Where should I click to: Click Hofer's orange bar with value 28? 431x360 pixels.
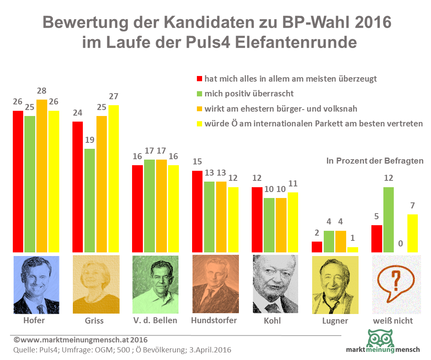[x=42, y=176]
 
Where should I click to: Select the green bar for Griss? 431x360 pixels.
[x=89, y=200]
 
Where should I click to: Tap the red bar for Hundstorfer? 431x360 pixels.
[x=198, y=212]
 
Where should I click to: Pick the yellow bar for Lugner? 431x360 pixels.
[x=353, y=250]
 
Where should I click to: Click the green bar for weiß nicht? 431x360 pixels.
[x=389, y=220]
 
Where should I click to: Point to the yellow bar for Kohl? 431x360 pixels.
[x=293, y=222]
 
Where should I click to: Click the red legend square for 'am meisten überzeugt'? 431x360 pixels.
[x=199, y=79]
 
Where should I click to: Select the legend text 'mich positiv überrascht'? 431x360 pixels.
[x=249, y=94]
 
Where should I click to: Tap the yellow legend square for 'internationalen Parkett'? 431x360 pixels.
[x=199, y=124]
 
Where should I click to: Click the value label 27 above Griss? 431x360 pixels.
[x=113, y=97]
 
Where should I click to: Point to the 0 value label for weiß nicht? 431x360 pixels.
[x=400, y=243]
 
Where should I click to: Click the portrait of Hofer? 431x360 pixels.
[x=36, y=284]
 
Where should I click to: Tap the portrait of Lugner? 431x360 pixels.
[x=335, y=284]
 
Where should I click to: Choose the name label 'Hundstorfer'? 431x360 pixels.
[x=214, y=320]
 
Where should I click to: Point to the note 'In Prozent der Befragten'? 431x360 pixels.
[x=375, y=161]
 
